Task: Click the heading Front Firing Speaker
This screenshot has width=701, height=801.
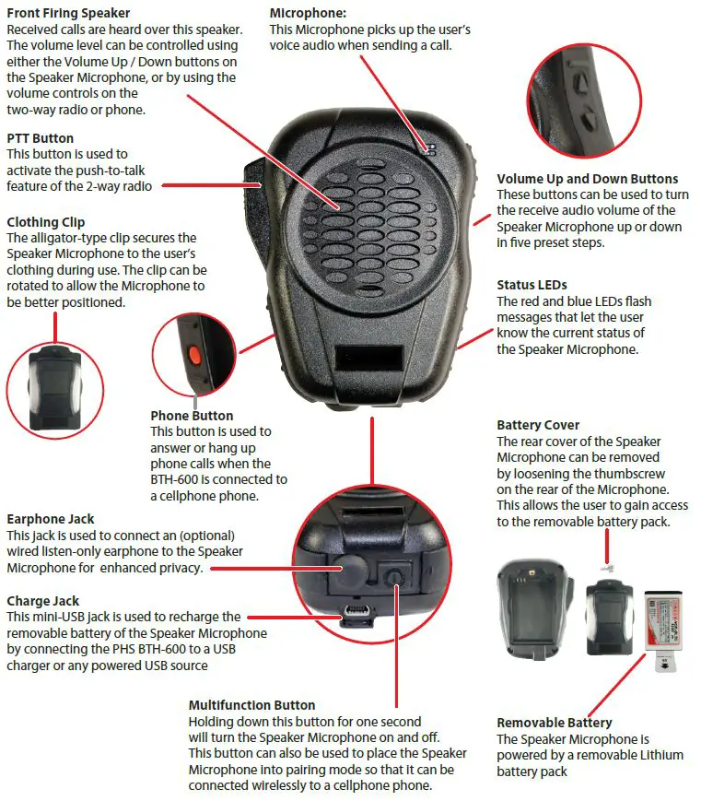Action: pos(68,14)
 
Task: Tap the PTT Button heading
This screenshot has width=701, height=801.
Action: pos(40,138)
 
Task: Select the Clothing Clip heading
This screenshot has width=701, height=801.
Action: pos(45,222)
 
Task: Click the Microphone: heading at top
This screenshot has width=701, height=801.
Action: pos(308,14)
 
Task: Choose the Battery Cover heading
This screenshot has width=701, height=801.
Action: pos(538,425)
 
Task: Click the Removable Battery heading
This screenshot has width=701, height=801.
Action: pos(554,723)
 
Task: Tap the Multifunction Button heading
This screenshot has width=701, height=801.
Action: pos(251,705)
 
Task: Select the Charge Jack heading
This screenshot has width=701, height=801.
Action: pos(41,601)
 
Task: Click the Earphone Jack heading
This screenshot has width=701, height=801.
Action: pos(50,519)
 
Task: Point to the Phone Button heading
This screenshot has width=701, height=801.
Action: pos(192,416)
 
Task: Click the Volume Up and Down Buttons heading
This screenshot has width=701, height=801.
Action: pos(587,179)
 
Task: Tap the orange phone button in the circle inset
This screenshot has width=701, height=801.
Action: pos(194,354)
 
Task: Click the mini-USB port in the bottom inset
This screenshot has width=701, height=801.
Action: pos(356,612)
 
